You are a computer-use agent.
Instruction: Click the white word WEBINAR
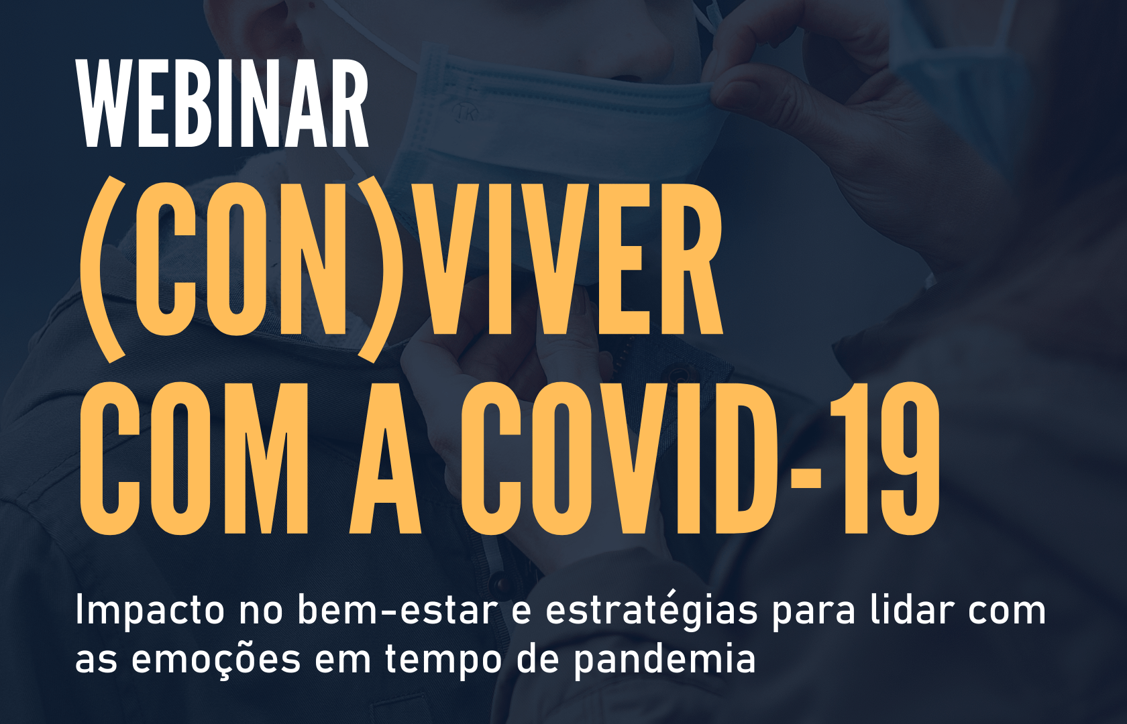223,103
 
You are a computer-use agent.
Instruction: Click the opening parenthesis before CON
103,271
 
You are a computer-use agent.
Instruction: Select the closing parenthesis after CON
380,271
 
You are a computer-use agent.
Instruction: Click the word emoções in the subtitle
216,658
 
